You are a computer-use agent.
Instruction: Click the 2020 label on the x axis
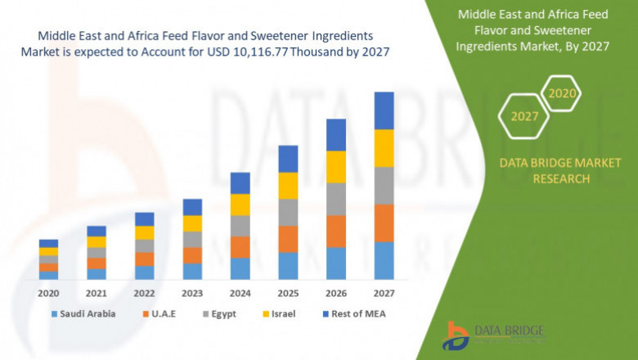coord(48,292)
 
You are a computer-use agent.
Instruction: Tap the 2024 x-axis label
coord(240,292)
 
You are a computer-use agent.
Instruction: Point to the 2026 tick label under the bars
coord(335,292)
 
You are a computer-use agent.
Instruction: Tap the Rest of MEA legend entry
coord(353,313)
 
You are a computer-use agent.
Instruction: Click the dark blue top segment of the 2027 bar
coord(384,110)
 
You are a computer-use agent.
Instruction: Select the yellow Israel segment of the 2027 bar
coord(384,148)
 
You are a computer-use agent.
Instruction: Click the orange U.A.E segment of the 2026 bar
coord(335,232)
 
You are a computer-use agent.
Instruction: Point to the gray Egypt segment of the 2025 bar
coord(288,213)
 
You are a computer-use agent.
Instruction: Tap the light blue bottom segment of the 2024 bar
coord(240,269)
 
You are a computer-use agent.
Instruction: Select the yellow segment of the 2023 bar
coord(192,223)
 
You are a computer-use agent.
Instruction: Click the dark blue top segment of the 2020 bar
coord(48,243)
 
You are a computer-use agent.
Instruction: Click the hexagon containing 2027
coord(524,116)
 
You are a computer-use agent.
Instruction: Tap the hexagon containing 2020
coord(562,94)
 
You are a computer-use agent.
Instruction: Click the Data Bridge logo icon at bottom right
coord(455,335)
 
